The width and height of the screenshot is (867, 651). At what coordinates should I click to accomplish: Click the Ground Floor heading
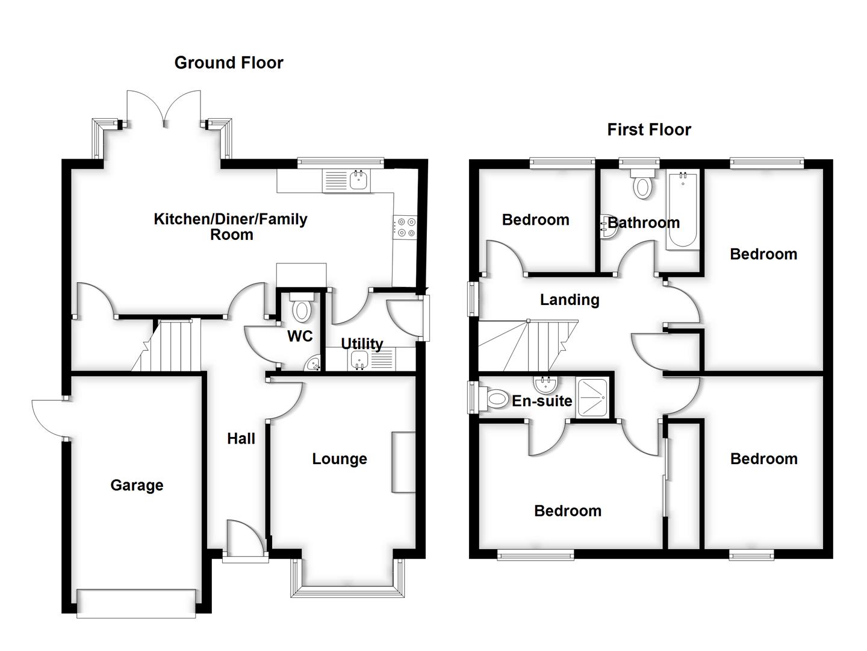(x=228, y=63)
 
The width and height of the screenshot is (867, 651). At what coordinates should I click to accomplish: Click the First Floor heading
(x=648, y=130)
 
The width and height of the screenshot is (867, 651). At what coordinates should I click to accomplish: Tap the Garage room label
(x=137, y=485)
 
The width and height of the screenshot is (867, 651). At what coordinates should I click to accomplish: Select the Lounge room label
(x=339, y=459)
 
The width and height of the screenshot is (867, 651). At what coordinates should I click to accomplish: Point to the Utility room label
(x=362, y=344)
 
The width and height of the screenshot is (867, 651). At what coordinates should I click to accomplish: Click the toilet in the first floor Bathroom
(x=642, y=184)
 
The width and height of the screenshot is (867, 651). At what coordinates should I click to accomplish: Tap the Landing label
(x=569, y=300)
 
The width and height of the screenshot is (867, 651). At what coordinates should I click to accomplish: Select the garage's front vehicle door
(x=137, y=603)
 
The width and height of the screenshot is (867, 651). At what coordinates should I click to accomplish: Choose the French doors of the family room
(x=164, y=108)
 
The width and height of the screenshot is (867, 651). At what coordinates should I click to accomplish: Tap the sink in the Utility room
(x=360, y=360)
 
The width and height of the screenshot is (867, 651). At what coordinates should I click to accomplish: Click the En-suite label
(x=542, y=401)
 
